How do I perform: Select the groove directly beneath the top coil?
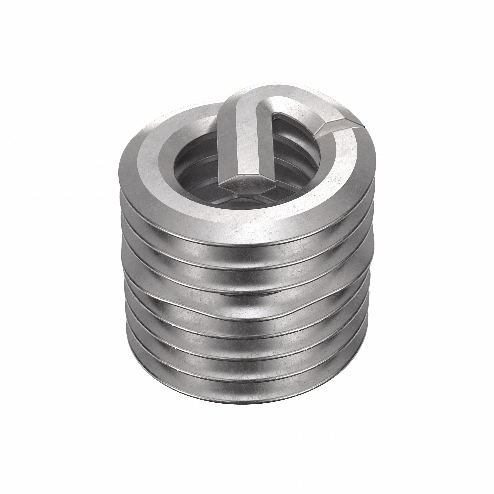pyautogui.click(x=246, y=252)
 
